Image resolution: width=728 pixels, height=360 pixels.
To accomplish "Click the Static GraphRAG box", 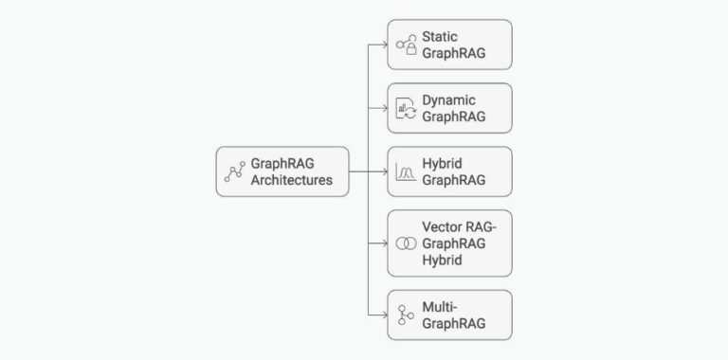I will [449, 45].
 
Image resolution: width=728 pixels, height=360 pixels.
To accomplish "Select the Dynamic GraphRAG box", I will [449, 108].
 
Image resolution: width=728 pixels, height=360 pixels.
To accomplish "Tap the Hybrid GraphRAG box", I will [449, 171].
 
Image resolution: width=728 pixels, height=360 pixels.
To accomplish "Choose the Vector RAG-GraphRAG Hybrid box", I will [449, 243].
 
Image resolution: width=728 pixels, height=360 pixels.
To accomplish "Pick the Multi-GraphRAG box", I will [449, 315].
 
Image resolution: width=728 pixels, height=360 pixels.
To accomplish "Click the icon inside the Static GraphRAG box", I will [406, 45].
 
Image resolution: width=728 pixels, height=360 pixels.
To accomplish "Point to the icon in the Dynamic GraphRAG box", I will [406, 108].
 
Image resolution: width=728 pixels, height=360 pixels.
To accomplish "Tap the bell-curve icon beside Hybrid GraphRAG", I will [406, 171].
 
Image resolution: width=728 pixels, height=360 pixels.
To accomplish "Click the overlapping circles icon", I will [406, 243].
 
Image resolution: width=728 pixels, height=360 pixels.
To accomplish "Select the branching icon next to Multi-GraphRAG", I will [406, 315].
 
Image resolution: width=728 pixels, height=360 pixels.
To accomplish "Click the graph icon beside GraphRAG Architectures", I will [234, 171].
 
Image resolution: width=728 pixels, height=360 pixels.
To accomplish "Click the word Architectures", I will [291, 180].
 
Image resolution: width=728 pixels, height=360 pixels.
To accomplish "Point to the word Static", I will [440, 36].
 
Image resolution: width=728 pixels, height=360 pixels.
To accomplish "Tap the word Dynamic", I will [448, 99].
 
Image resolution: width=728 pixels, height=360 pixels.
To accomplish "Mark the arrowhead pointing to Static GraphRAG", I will [383, 45].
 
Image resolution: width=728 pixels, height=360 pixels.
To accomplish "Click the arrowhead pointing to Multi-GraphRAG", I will [383, 315].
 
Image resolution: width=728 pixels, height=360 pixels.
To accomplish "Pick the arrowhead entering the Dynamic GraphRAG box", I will [383, 108].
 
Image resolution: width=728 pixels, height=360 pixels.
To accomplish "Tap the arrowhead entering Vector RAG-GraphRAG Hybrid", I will [383, 243].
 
